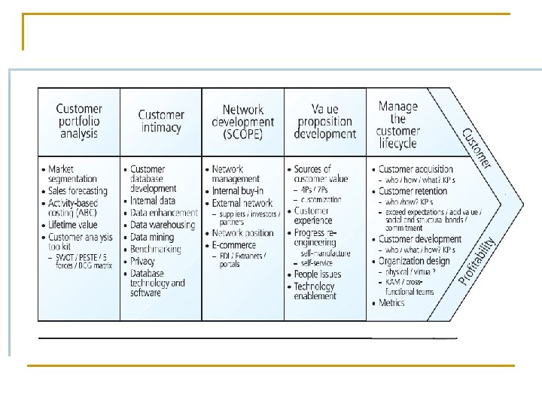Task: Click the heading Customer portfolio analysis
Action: tap(79, 121)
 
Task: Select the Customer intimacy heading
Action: tap(161, 121)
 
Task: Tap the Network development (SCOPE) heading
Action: tap(242, 121)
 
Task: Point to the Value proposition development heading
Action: tap(325, 121)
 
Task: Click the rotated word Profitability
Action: tap(478, 261)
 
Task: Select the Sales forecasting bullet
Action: tap(78, 191)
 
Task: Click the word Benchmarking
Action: tap(160, 249)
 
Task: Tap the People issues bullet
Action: tap(317, 274)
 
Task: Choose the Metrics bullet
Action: tap(391, 303)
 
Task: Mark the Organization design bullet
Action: tap(414, 261)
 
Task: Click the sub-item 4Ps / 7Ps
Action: tap(315, 190)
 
